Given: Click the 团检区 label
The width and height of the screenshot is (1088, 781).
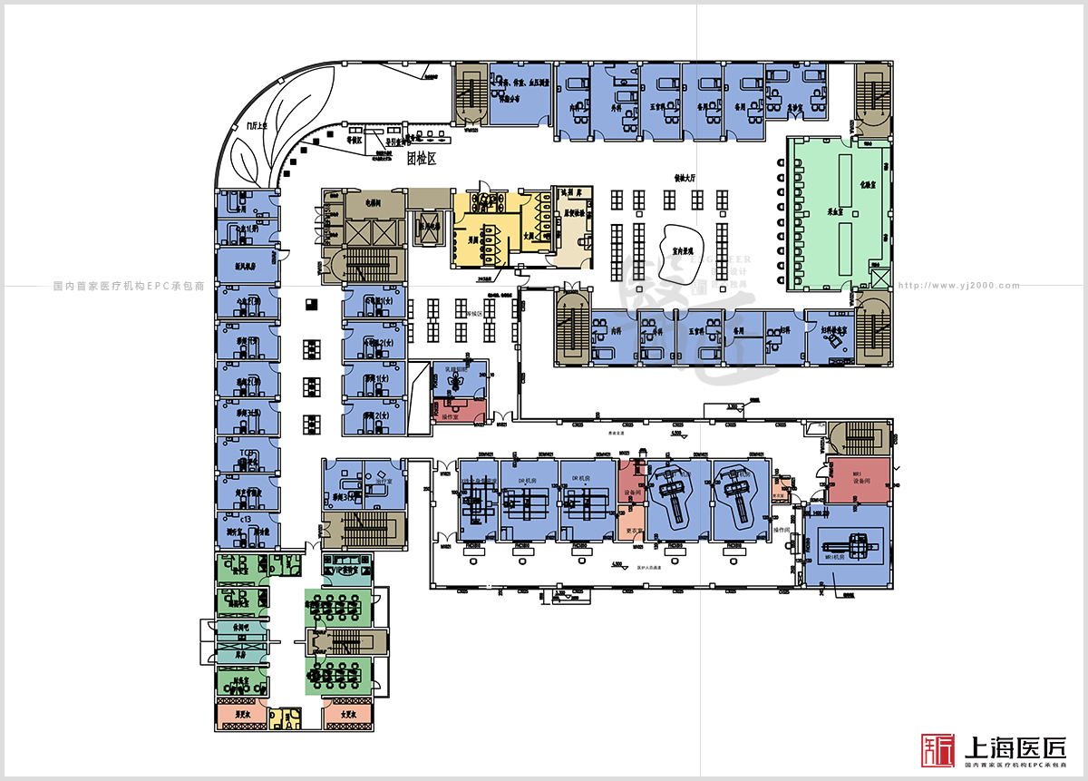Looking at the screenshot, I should [x=422, y=159].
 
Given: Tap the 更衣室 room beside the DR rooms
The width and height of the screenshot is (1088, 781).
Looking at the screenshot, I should [x=634, y=530].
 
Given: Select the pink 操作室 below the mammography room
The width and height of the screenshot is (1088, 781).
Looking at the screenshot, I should [x=460, y=411].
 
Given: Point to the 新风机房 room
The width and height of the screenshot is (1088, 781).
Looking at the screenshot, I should [x=246, y=267].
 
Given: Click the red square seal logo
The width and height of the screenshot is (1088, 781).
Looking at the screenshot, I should [x=938, y=749].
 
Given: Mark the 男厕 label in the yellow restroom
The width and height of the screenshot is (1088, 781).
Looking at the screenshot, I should [x=473, y=241].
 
